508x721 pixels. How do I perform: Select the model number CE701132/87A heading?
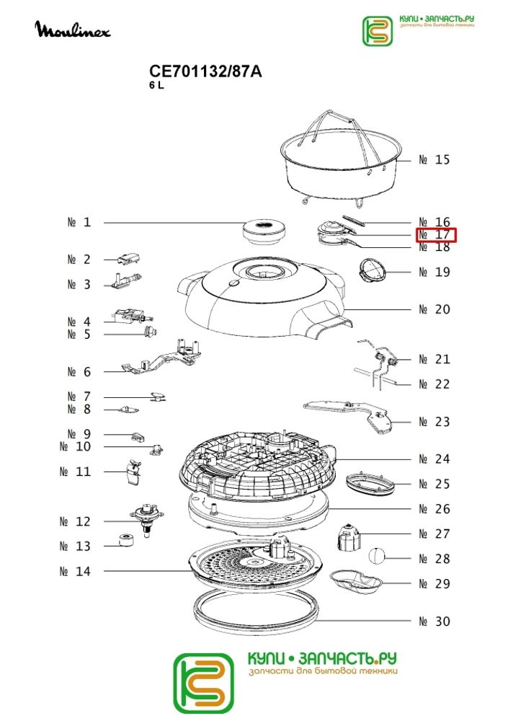click(205, 71)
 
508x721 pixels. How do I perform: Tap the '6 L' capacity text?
click(156, 86)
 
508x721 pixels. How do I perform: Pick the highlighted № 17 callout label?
click(436, 234)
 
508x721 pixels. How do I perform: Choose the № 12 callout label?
click(75, 521)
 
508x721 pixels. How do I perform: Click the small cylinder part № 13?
click(126, 540)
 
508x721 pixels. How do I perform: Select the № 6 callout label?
click(79, 371)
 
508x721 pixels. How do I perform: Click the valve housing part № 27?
click(349, 536)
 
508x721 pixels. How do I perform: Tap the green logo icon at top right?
click(378, 31)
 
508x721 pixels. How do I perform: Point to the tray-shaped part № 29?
click(356, 580)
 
